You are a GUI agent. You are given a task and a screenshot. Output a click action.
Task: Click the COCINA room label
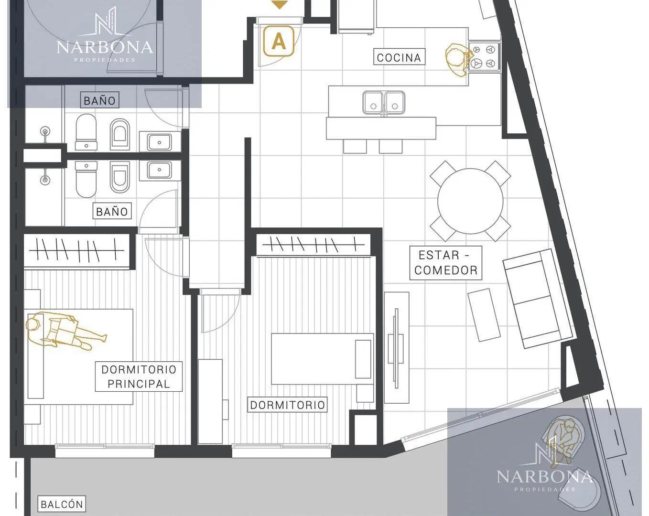[399, 57]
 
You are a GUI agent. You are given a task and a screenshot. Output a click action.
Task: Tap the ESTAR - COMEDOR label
[446, 263]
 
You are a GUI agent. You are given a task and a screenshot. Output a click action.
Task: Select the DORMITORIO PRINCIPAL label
[139, 376]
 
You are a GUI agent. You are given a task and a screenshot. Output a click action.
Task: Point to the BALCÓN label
[62, 504]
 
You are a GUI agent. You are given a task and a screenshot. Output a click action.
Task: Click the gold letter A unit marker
[279, 41]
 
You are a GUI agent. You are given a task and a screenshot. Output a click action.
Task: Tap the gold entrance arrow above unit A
[279, 5]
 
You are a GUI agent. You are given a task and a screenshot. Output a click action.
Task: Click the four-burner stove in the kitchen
[484, 56]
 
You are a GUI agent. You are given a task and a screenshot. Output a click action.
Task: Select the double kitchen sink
[384, 103]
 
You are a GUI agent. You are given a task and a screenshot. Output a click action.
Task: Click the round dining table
[470, 201]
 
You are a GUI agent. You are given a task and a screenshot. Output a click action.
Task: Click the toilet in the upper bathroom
[86, 132]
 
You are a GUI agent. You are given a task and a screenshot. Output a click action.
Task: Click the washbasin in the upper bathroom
[159, 142]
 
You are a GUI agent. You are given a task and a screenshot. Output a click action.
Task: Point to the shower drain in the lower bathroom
[45, 180]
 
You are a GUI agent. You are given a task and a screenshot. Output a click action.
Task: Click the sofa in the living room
[538, 298]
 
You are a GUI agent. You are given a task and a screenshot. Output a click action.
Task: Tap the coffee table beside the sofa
[484, 315]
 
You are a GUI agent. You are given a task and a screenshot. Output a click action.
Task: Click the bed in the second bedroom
[323, 359]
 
